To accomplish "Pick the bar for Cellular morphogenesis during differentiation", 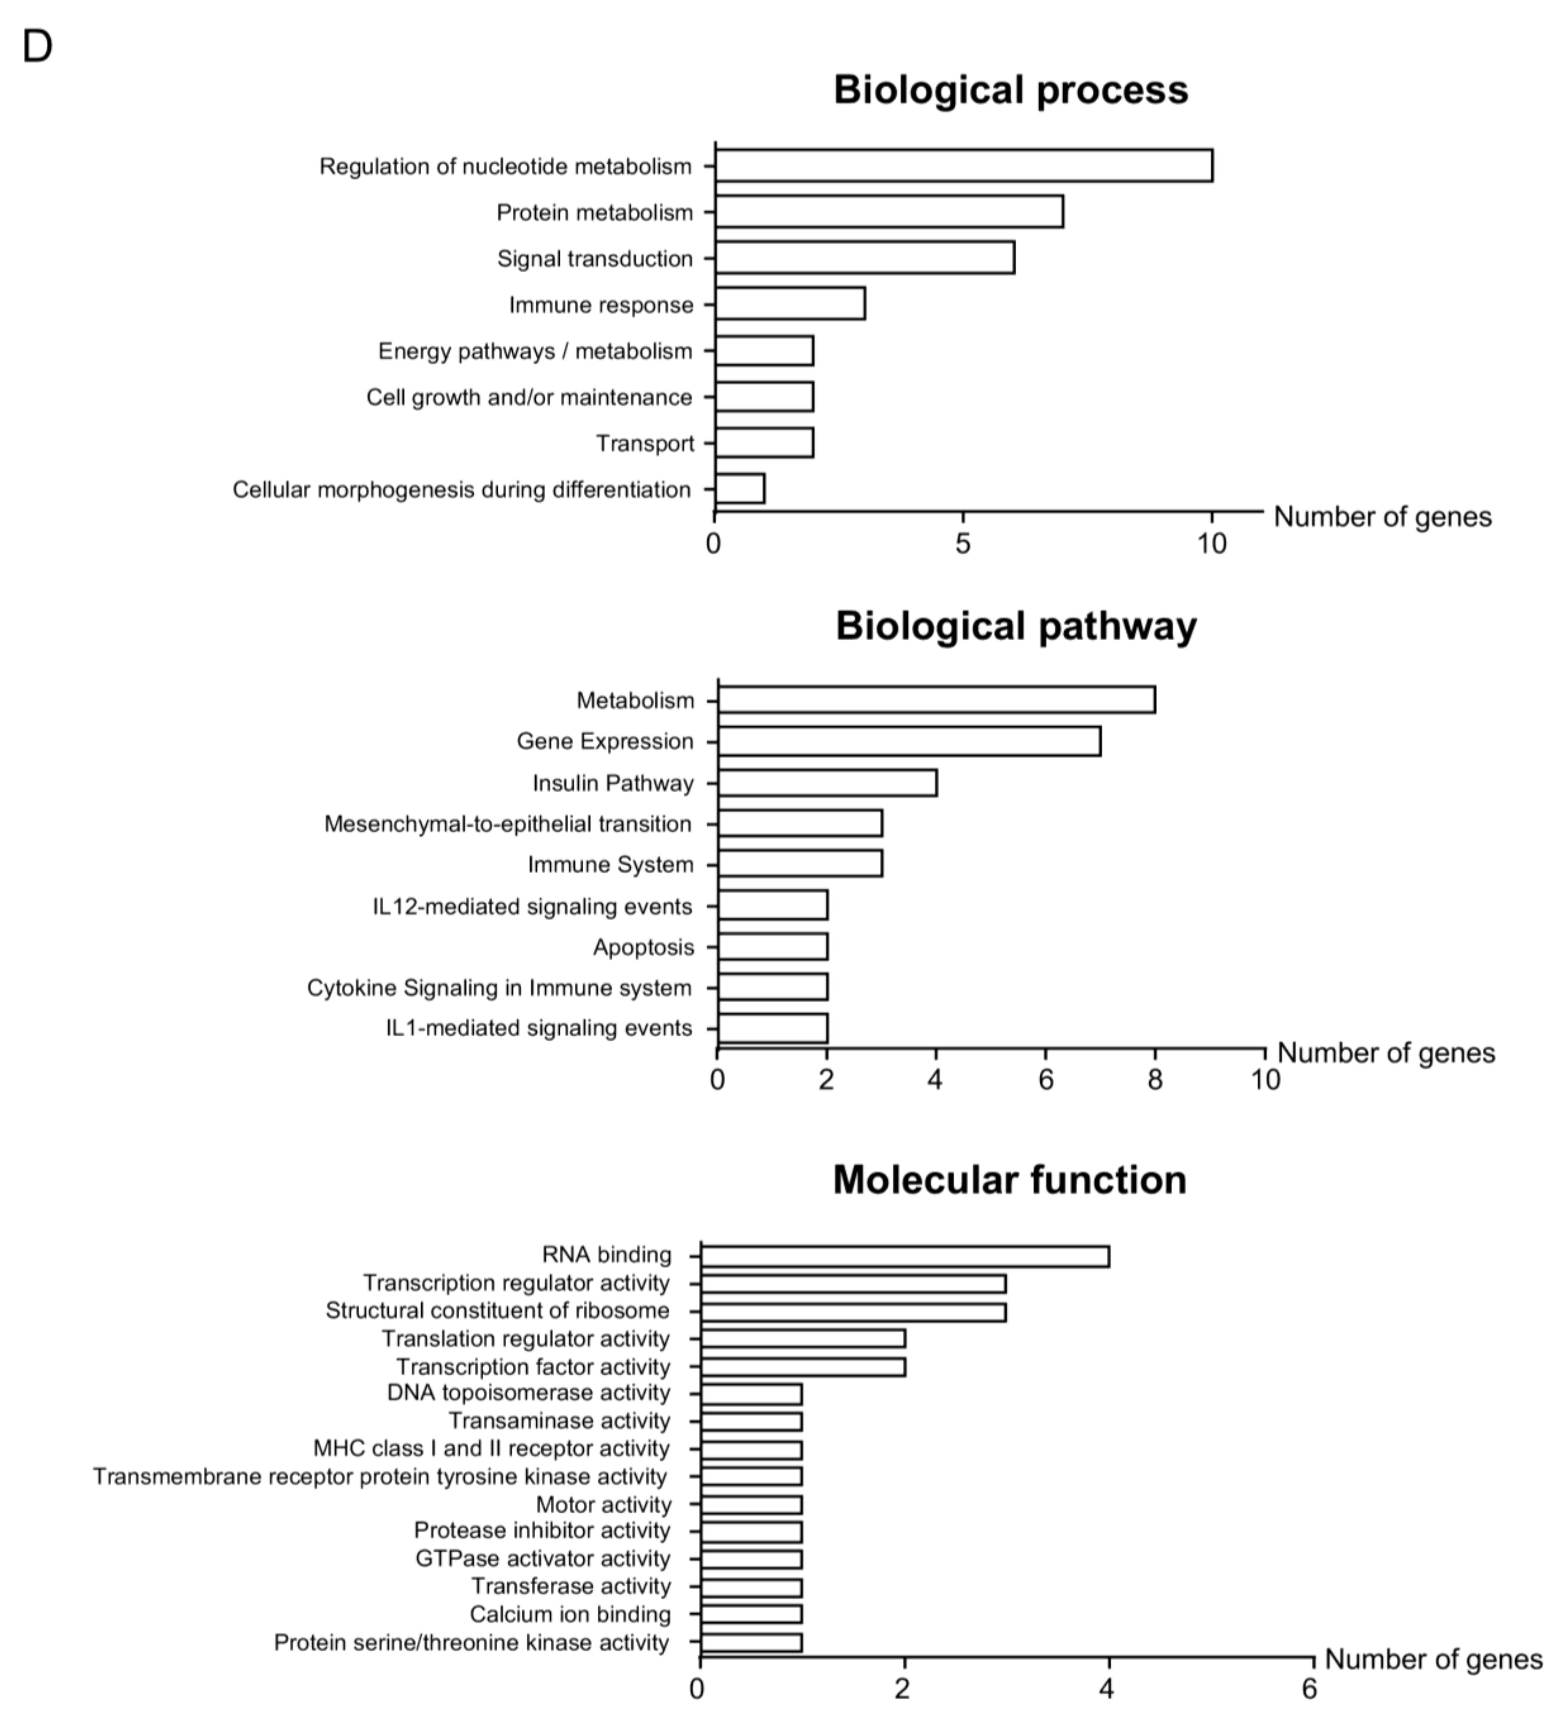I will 739,489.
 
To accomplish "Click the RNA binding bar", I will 905,1256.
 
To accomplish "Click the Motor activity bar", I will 751,1504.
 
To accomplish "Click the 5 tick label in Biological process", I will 963,543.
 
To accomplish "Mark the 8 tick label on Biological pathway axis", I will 1155,1080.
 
